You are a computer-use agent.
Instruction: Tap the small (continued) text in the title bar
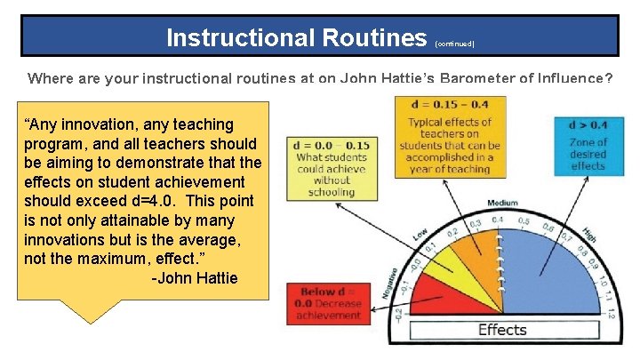click(455, 43)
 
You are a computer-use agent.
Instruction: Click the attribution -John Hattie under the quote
click(195, 278)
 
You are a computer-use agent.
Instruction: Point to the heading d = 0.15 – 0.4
click(449, 104)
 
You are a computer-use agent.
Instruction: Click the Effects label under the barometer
click(502, 330)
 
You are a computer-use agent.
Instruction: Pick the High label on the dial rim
click(589, 234)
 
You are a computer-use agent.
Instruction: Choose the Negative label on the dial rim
click(390, 283)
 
